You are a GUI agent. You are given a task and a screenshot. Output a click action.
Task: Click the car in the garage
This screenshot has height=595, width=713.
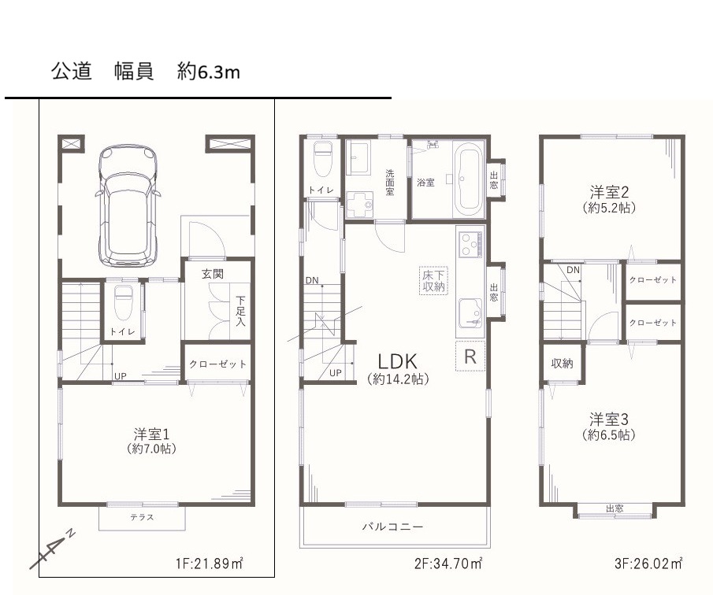tap(128, 205)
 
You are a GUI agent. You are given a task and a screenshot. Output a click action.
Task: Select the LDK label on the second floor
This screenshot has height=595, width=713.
tap(397, 361)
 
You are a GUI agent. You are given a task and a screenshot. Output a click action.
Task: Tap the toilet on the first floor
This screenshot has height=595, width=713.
tap(123, 303)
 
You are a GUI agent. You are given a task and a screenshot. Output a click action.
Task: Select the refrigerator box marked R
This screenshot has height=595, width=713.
tap(470, 357)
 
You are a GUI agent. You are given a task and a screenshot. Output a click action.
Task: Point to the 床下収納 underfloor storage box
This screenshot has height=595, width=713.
tap(433, 281)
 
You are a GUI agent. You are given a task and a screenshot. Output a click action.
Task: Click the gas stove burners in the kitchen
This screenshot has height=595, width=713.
tap(470, 244)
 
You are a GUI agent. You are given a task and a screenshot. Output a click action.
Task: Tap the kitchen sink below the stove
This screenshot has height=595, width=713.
tap(470, 312)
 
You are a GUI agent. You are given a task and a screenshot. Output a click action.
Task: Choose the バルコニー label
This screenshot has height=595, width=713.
tap(392, 527)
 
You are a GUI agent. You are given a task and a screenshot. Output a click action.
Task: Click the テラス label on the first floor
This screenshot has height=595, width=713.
tap(142, 517)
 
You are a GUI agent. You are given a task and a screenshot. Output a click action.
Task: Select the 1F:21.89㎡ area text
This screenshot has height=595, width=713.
tap(209, 564)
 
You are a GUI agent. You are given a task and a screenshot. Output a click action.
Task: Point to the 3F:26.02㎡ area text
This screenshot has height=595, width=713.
tap(648, 564)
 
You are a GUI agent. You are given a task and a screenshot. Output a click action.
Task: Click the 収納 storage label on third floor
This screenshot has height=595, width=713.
tap(562, 364)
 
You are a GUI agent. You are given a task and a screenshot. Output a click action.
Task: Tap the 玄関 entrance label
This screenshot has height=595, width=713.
tap(213, 275)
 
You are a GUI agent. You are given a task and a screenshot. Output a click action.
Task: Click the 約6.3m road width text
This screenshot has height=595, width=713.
tap(208, 72)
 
